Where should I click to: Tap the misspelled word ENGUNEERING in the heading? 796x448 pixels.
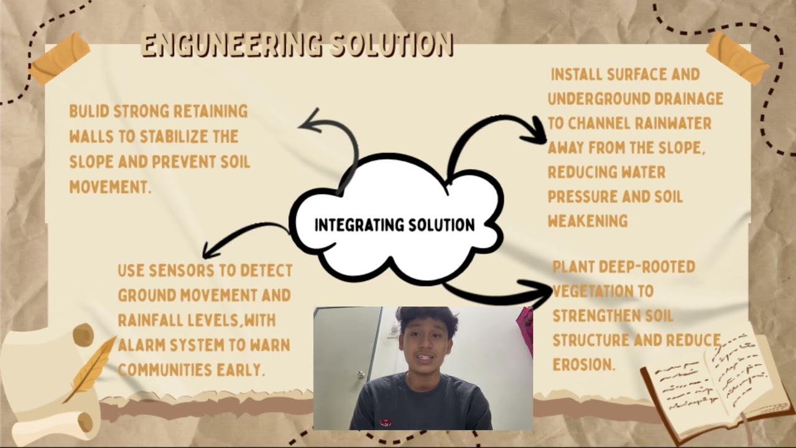pos(231,45)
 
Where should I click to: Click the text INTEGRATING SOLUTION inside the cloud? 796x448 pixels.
pos(394,225)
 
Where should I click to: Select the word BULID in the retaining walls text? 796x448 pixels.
pos(89,111)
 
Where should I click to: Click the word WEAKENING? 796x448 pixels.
pos(587,221)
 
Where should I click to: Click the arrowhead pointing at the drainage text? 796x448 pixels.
pos(536,131)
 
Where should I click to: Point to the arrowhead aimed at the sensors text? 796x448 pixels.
pos(210,252)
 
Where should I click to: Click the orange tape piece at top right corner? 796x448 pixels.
pos(738,57)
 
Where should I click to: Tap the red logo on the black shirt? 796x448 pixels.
pos(386,422)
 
